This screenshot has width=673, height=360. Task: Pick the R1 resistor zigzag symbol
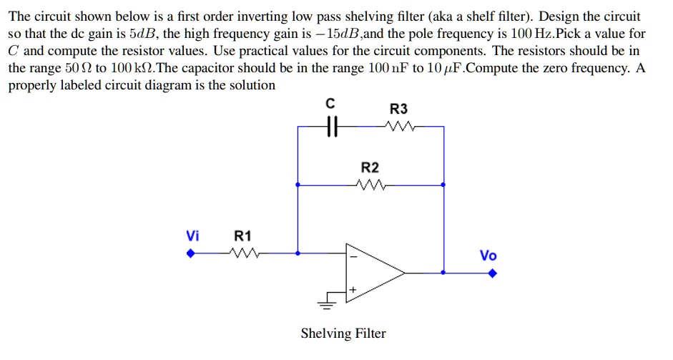coord(242,253)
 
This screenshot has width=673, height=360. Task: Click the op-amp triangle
coord(372,272)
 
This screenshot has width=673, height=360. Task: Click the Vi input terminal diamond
coord(191,253)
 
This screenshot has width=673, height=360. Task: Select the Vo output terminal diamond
coord(492,273)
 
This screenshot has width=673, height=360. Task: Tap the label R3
coord(398,109)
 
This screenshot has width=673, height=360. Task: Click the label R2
coord(370,167)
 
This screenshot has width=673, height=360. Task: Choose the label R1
coord(243,235)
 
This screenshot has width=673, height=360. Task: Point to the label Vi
coord(192,235)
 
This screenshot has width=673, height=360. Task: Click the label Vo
coord(488,256)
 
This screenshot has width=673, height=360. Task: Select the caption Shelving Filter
coord(343,334)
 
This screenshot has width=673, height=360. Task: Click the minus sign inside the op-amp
coord(351,257)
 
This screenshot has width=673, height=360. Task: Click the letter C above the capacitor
coord(329,104)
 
